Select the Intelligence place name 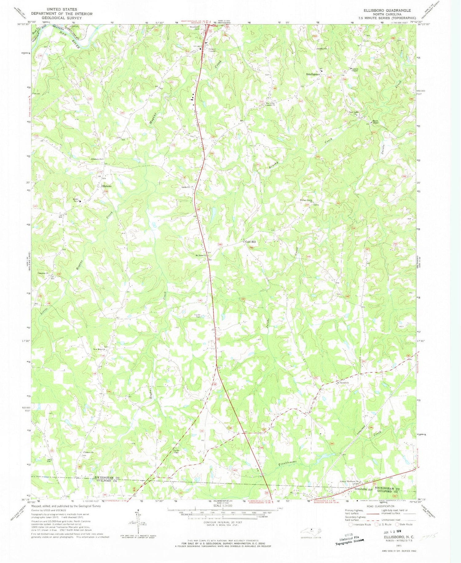coord(313,74)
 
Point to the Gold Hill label coord(250,242)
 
